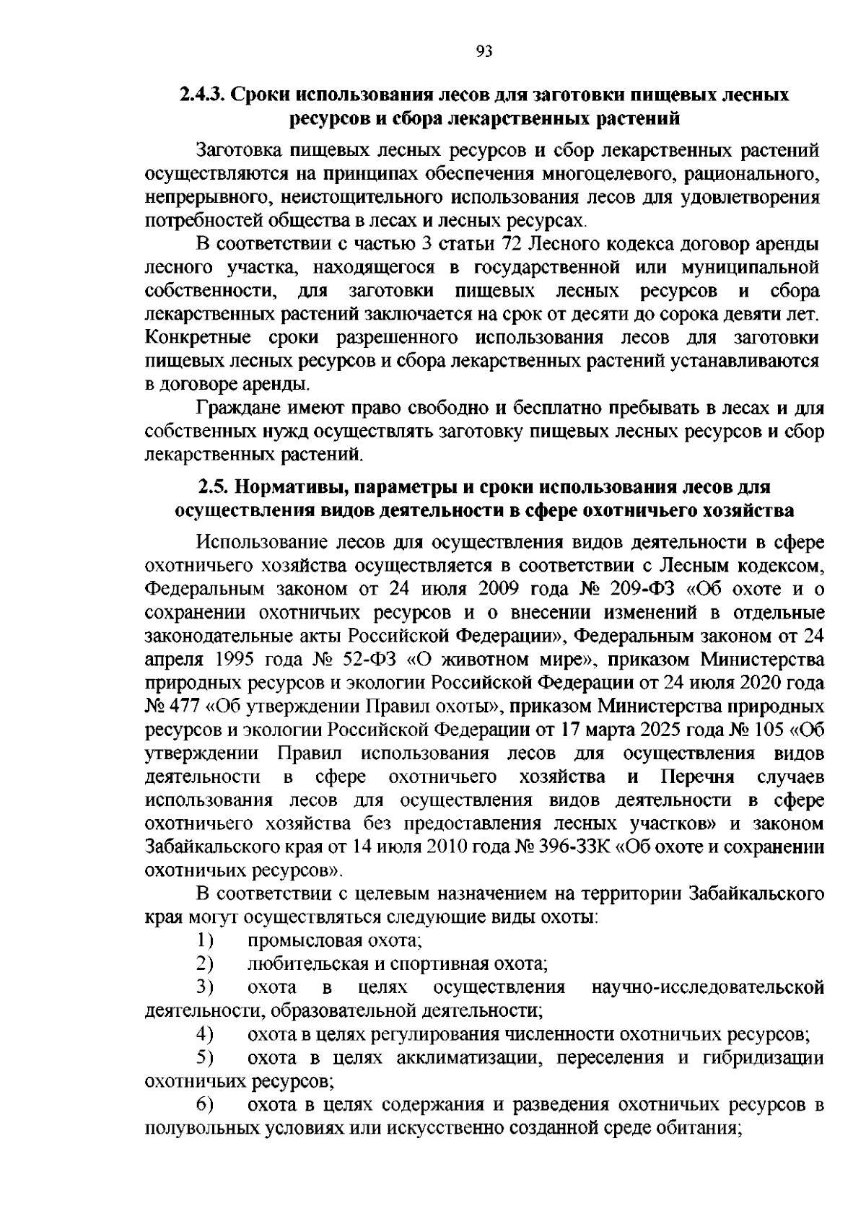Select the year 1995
point(237,660)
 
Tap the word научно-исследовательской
point(707,987)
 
